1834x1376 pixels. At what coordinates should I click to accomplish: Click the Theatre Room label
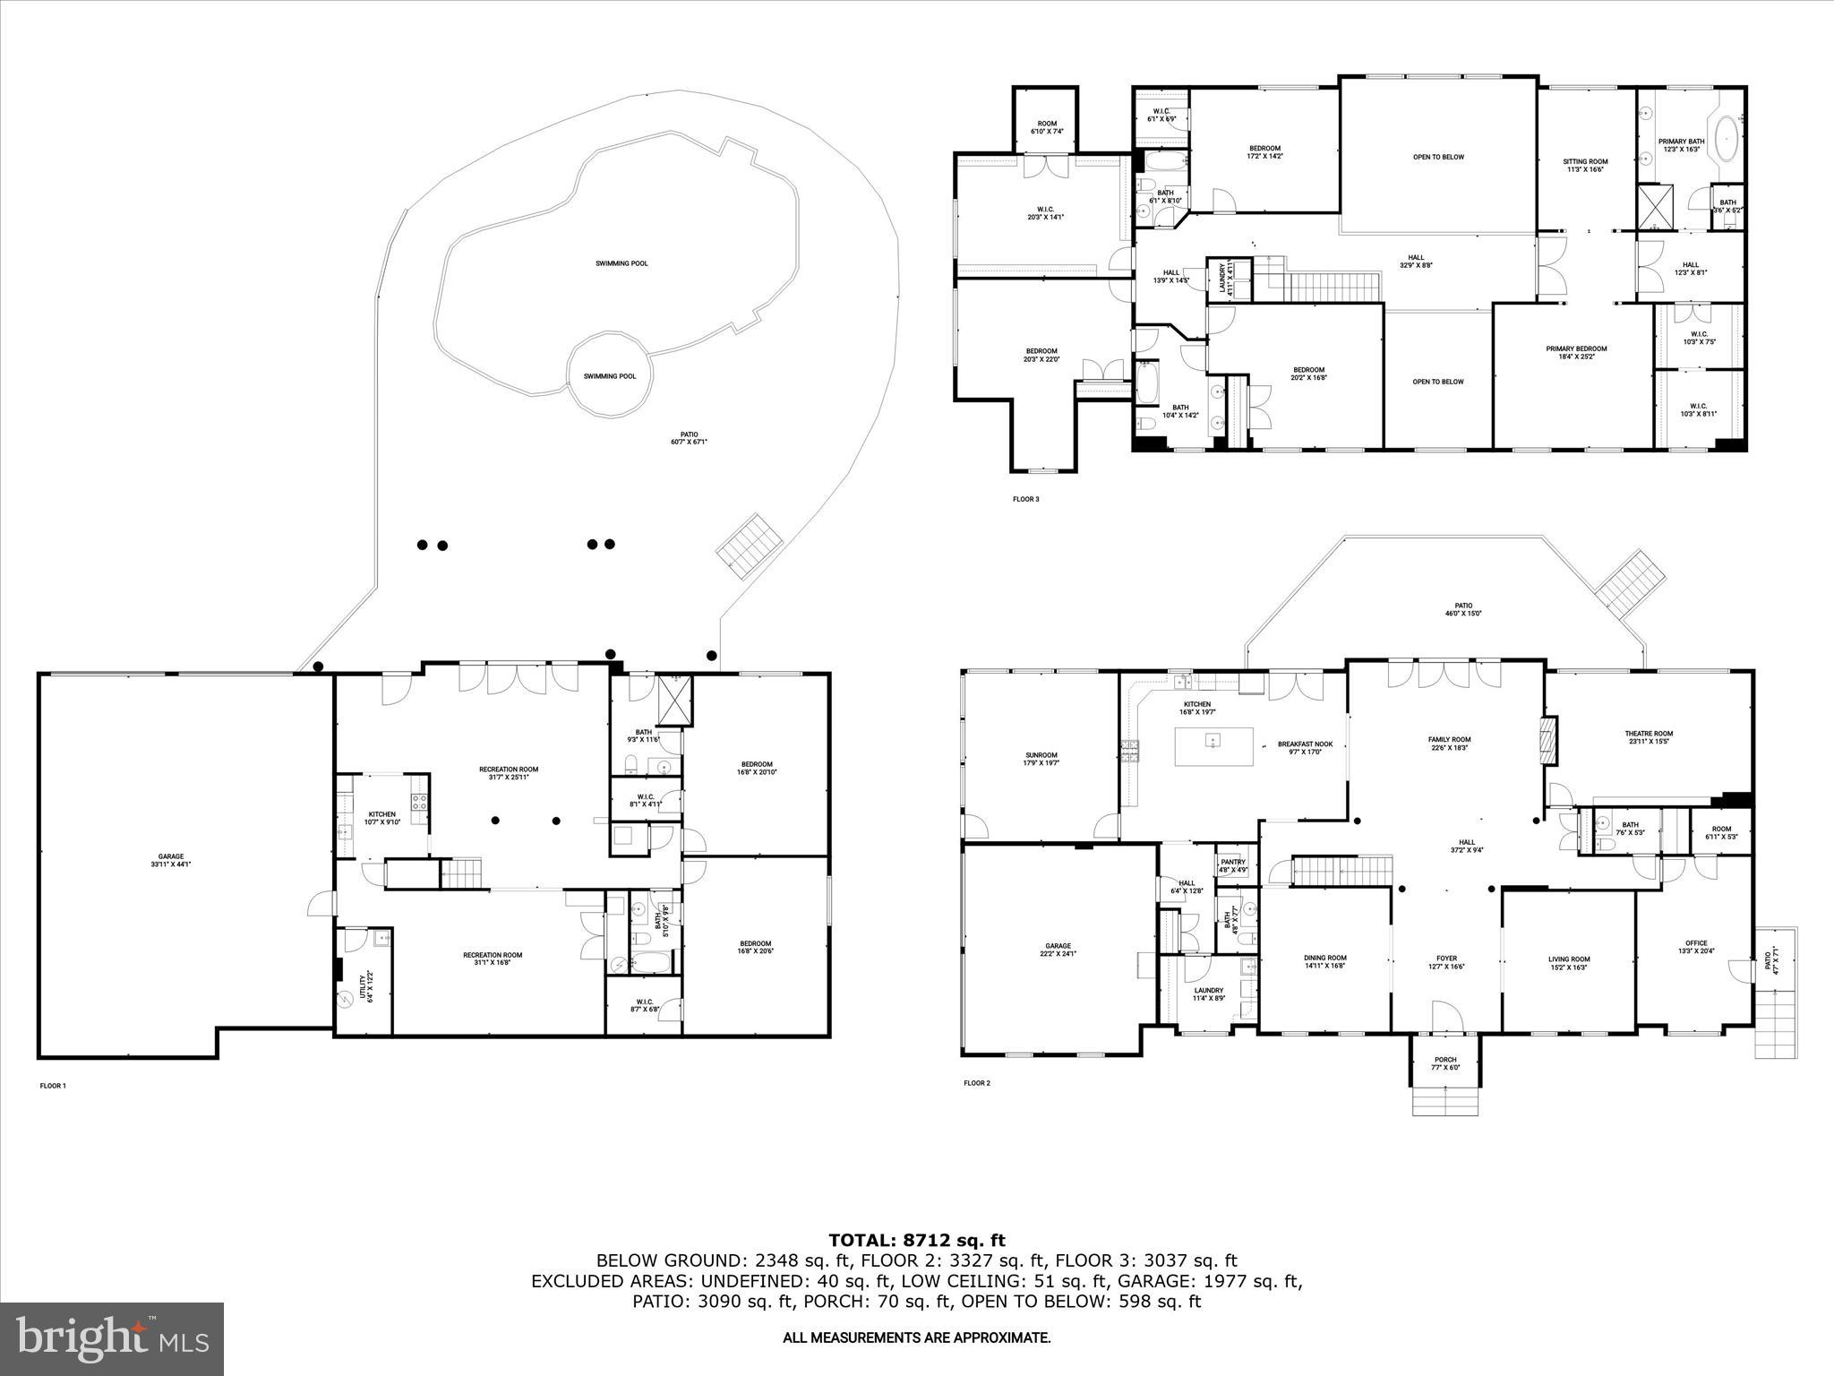pyautogui.click(x=1649, y=737)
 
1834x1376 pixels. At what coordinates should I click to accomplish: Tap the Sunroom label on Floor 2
pyautogui.click(x=1041, y=759)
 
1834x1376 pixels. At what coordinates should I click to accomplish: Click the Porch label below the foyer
pyautogui.click(x=1445, y=1063)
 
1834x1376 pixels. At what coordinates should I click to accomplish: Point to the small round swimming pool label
pyautogui.click(x=610, y=376)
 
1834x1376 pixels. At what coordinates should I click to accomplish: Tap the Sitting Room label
pyautogui.click(x=1584, y=165)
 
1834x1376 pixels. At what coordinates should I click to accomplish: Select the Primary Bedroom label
pyautogui.click(x=1576, y=352)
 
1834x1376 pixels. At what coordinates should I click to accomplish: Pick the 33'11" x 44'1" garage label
pyautogui.click(x=170, y=860)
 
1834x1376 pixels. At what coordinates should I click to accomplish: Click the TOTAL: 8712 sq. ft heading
pyautogui.click(x=916, y=1240)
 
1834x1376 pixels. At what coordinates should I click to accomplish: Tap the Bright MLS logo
pyautogui.click(x=112, y=1338)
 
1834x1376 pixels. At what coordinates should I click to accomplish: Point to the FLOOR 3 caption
pyautogui.click(x=1025, y=499)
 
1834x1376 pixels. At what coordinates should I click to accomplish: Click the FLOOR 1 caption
pyautogui.click(x=53, y=1086)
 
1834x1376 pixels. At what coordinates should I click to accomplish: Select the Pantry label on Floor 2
pyautogui.click(x=1233, y=865)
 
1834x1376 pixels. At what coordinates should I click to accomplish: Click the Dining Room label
pyautogui.click(x=1324, y=961)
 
